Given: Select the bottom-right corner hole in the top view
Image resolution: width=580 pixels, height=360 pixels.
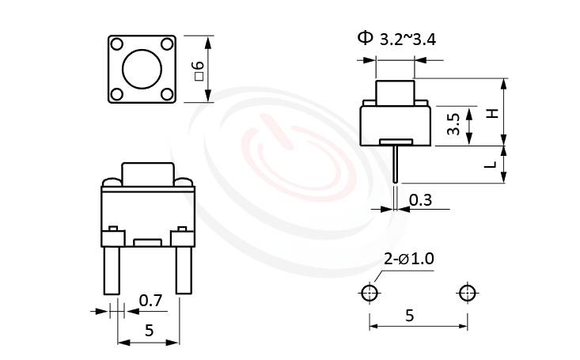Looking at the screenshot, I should coord(167,94).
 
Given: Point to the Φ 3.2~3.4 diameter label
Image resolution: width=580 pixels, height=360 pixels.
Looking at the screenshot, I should coord(396,38).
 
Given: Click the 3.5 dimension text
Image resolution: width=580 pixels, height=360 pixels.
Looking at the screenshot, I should coord(453,125).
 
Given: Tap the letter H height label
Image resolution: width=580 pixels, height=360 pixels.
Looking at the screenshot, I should coord(492,113).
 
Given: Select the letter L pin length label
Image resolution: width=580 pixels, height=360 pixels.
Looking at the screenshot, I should coord(492,165).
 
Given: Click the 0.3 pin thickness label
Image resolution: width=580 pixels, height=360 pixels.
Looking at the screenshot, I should coord(420,201).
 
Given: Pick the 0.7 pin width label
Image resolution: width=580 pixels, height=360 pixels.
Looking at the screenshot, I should coord(150,300).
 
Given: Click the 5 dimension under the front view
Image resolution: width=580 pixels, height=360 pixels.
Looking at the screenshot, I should coord(149,331).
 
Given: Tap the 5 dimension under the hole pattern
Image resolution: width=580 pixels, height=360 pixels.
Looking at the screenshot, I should coord(409,315).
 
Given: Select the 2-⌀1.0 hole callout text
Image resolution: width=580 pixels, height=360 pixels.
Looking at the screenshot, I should coord(408,259).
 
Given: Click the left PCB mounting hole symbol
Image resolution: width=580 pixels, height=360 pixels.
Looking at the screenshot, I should coord(369,293).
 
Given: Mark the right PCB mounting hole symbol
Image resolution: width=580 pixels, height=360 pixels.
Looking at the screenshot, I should coord(467,293).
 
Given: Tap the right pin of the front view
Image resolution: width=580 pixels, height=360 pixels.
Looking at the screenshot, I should coord(183,269).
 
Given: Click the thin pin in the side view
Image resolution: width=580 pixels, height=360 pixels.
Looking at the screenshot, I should coord(395,165).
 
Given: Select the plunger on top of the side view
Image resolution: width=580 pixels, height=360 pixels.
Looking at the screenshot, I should coord(395,90).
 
